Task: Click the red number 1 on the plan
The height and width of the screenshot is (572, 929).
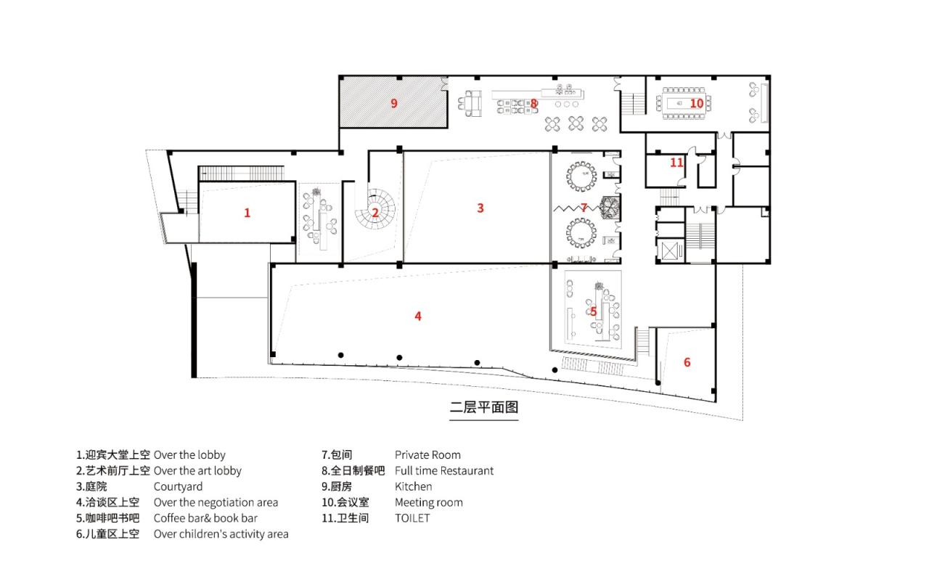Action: (x=247, y=213)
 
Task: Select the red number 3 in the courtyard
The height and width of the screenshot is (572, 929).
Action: (x=480, y=208)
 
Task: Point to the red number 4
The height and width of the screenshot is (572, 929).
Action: (x=418, y=316)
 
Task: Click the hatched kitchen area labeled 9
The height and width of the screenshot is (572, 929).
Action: (x=393, y=103)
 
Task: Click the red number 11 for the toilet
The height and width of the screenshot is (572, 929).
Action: (x=676, y=163)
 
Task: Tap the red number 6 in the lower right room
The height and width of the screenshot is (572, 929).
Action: (x=687, y=362)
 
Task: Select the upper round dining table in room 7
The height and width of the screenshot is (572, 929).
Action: (x=581, y=176)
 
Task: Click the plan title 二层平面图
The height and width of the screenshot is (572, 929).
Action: (x=483, y=407)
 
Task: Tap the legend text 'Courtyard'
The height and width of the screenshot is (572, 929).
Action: (x=178, y=486)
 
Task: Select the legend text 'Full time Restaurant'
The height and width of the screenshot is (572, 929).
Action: (x=443, y=470)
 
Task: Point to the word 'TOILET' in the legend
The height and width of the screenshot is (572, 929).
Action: (x=412, y=518)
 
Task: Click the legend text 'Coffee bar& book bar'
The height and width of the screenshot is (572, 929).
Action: (x=205, y=518)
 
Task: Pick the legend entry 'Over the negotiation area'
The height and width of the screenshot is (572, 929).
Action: (x=216, y=502)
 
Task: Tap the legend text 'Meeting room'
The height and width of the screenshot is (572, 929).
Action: (x=428, y=502)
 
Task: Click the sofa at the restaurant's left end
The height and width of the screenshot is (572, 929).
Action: (x=473, y=103)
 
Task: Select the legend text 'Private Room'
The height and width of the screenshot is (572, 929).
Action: (x=427, y=454)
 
